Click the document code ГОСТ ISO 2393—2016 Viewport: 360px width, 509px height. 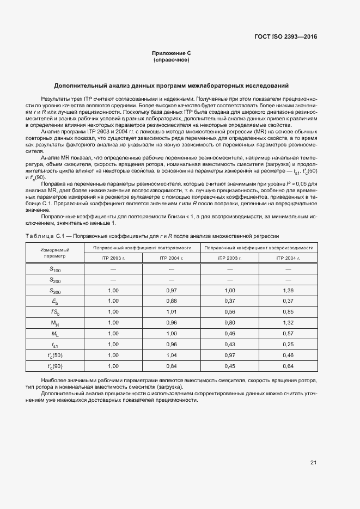(285, 37)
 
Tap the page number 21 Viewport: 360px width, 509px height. (314, 463)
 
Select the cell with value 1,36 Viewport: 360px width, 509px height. (288, 291)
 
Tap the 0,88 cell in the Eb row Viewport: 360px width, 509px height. (171, 301)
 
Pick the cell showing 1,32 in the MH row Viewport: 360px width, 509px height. (288, 322)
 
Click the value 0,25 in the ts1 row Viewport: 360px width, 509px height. (288, 344)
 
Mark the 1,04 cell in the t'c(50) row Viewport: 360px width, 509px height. (171, 355)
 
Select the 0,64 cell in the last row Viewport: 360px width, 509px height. (288, 366)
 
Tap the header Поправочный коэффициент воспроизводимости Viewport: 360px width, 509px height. (259, 248)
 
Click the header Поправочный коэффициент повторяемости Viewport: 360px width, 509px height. (142, 248)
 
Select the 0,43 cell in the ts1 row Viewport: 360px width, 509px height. (229, 344)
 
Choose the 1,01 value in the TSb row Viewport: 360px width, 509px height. (171, 311)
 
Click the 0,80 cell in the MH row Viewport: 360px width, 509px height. (229, 322)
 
